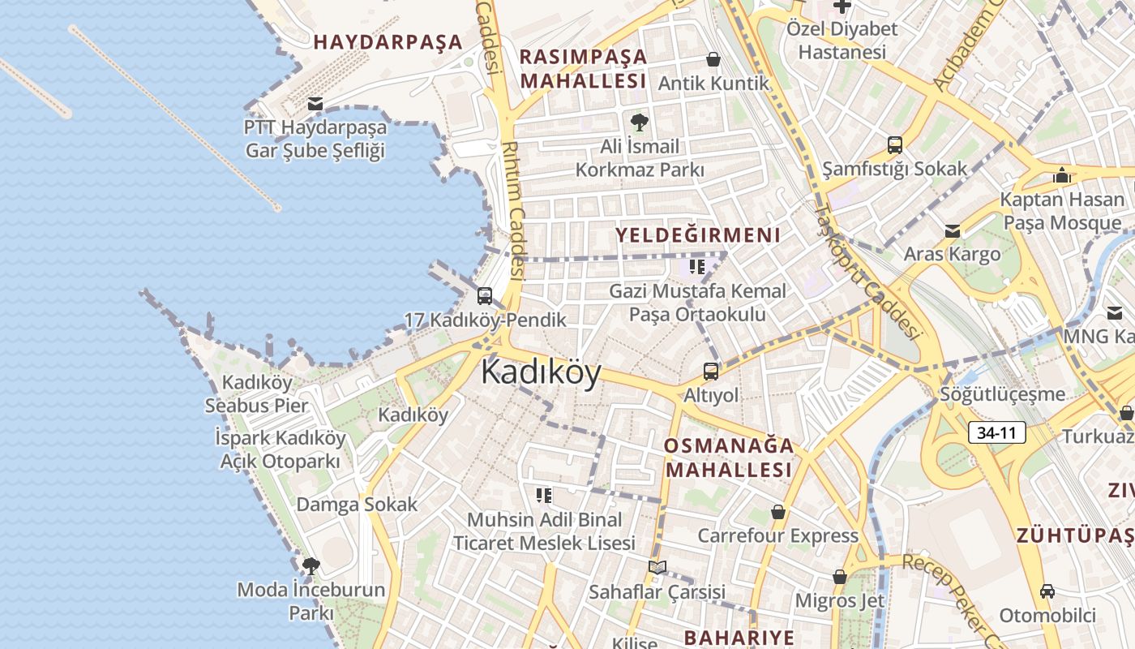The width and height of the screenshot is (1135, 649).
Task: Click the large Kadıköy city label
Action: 541,373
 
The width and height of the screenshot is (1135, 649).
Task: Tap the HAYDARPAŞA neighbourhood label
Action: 388,42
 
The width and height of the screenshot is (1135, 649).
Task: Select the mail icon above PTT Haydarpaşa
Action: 315,104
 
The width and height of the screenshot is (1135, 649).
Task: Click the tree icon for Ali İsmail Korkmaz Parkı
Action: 639,122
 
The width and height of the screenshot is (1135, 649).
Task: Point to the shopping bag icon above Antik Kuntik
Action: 713,59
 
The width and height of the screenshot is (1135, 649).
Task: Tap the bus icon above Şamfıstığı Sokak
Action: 894,145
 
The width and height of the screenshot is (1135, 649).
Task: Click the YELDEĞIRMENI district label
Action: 697,235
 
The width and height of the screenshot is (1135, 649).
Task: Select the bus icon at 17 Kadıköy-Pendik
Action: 485,296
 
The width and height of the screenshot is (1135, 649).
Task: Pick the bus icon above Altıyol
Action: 711,372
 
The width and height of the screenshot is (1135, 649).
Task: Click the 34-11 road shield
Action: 996,432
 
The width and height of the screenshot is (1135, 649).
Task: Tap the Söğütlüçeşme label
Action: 1002,394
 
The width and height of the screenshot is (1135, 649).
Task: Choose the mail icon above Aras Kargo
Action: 952,231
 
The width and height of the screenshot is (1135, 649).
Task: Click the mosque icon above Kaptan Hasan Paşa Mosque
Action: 1061,175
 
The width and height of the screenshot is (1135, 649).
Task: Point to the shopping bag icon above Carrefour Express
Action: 777,512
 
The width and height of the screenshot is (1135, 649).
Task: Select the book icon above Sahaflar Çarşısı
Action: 657,567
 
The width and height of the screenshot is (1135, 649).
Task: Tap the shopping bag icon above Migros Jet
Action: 839,577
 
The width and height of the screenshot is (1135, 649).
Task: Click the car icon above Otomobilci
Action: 1047,591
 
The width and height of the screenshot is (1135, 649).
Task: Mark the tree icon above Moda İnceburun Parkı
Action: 311,565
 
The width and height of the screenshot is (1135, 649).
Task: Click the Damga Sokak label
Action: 357,504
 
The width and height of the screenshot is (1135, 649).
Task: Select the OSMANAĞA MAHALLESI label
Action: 728,458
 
